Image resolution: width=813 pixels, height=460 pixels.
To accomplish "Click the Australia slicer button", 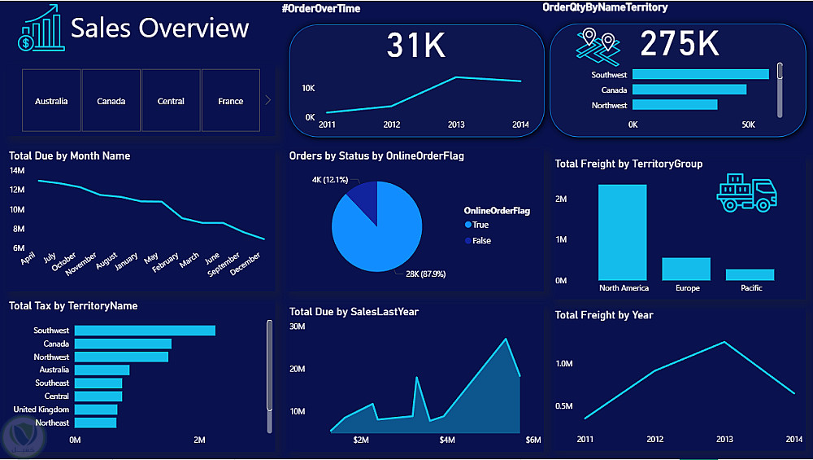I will point(51,101).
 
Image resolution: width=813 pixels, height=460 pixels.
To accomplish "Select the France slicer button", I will point(231,101).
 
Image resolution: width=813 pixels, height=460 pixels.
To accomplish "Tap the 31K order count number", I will point(416,46).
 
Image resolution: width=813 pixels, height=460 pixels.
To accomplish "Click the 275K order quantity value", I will point(679,45).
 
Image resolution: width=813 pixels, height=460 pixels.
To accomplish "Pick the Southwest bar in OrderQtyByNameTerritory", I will point(700,74).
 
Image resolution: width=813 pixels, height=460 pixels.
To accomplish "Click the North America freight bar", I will point(623,233).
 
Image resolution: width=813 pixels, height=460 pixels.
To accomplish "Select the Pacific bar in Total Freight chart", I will point(750,274).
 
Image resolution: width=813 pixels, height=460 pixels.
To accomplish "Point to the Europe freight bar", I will point(686,269).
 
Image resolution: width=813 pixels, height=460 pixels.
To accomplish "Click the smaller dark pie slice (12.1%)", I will point(363,201).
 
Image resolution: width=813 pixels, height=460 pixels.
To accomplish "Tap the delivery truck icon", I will point(746,194).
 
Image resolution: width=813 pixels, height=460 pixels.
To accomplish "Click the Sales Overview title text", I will point(159,28).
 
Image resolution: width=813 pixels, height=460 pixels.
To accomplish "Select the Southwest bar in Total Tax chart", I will point(145,331).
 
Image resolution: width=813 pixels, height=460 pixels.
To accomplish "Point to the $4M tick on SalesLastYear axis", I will point(447,440).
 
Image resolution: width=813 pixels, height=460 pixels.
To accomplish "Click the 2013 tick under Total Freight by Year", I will point(724,440).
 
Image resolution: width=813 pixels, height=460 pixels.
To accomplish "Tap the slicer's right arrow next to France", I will point(268,100).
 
